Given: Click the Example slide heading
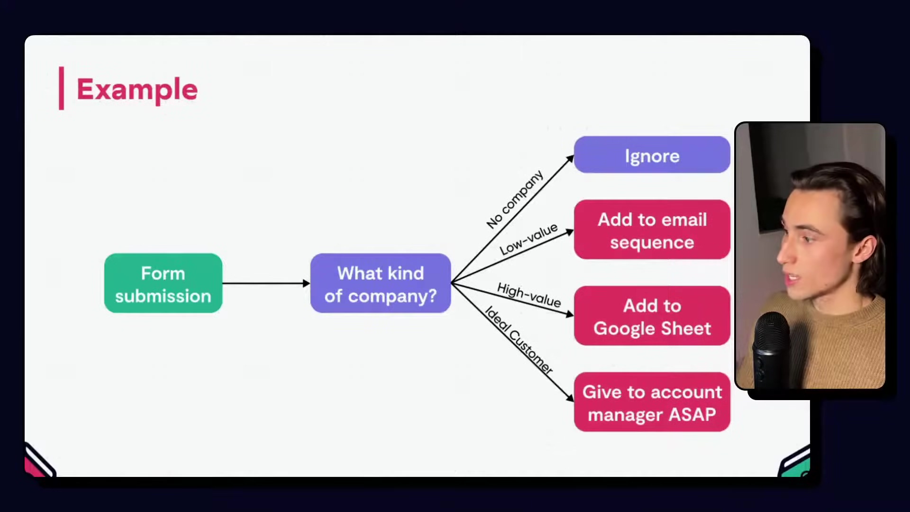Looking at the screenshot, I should click(137, 89).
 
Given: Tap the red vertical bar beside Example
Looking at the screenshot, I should click(61, 88).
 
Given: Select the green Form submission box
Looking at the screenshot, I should click(163, 283).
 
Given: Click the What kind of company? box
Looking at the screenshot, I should click(381, 283).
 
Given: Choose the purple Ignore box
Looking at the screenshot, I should click(652, 155).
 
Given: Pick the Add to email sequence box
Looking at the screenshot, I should click(652, 230).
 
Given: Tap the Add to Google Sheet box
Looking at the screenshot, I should click(652, 316).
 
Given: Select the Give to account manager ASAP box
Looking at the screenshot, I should click(652, 402).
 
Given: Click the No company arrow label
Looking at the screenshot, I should click(515, 200).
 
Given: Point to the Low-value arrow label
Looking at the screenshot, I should click(528, 239).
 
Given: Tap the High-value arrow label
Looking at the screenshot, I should click(529, 295).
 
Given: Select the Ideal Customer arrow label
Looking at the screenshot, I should click(519, 340).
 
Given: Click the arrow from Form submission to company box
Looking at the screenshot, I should click(265, 283).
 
